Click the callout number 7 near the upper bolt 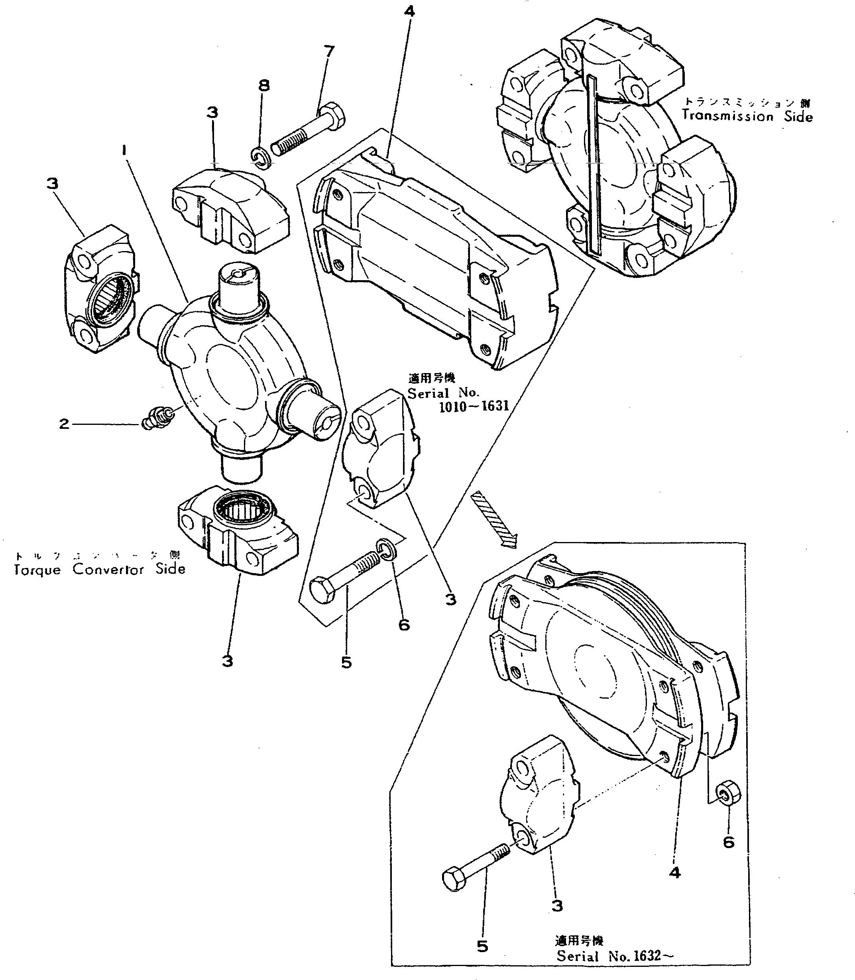click(x=329, y=51)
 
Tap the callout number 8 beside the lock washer click(x=264, y=86)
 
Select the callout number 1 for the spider click(x=124, y=151)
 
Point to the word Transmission click(x=727, y=116)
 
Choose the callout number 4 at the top click(x=409, y=11)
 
